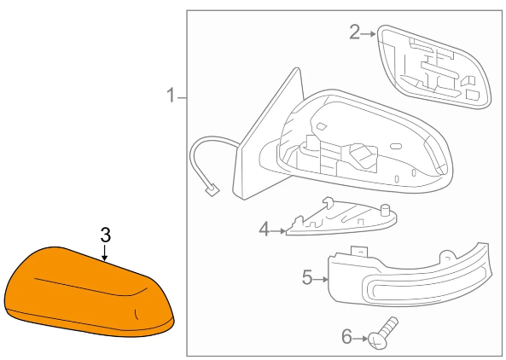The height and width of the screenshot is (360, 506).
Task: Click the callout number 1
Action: [171, 96]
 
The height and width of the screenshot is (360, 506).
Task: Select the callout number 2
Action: [354, 32]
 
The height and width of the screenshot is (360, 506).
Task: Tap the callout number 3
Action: [106, 235]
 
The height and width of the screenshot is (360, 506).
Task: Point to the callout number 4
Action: [264, 229]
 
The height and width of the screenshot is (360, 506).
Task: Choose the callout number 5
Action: [307, 277]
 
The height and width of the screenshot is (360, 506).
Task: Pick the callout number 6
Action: [346, 337]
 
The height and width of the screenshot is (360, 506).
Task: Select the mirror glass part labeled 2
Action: [434, 67]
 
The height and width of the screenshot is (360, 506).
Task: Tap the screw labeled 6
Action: [383, 334]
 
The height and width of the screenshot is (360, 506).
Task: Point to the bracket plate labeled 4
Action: [341, 218]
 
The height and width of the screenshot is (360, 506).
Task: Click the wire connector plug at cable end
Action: [212, 189]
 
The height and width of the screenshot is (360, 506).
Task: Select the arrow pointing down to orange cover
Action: [104, 253]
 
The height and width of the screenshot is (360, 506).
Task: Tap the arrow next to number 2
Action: [369, 33]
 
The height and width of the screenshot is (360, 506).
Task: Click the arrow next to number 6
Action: [360, 339]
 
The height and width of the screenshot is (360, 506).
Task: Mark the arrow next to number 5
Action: [321, 279]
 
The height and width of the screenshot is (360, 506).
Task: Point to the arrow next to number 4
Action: [278, 231]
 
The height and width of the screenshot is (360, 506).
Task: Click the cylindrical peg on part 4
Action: [385, 210]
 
